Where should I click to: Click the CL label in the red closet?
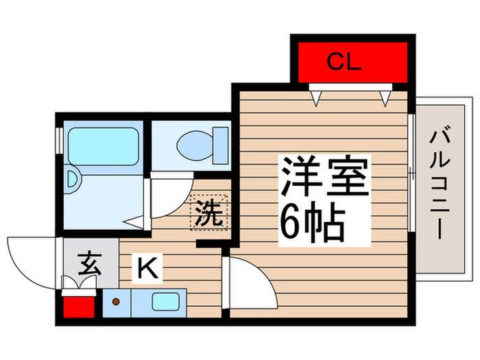(x=344, y=62)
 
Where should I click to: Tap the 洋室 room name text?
(x=324, y=177)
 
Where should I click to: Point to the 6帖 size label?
(x=312, y=221)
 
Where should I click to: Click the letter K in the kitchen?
(x=147, y=267)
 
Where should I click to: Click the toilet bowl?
(x=195, y=145)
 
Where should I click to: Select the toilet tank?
(x=221, y=145)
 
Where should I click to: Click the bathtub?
(x=103, y=146)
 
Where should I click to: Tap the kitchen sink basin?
(x=166, y=302)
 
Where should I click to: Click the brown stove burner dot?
(x=116, y=302)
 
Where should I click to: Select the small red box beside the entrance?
(x=79, y=307)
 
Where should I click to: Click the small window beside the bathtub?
(x=59, y=141)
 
